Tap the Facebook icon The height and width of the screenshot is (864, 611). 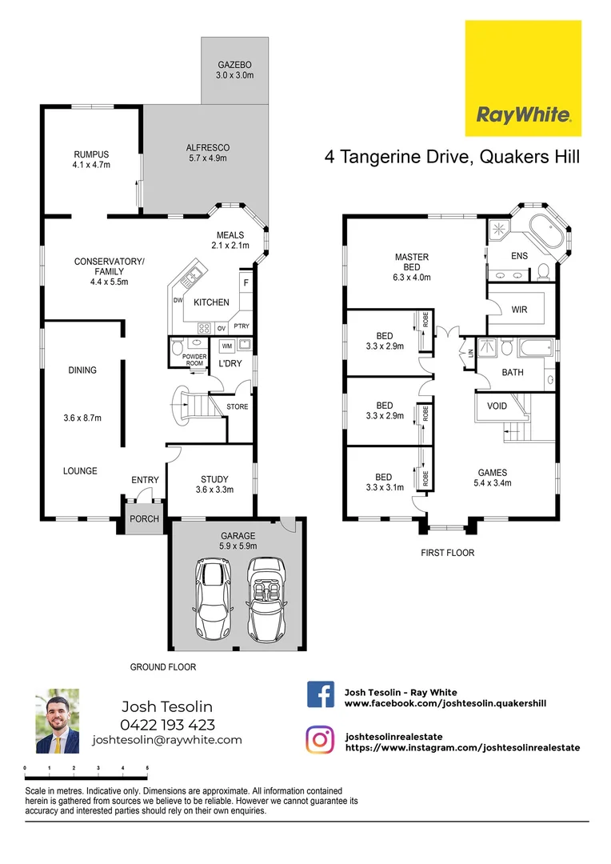(x=321, y=694)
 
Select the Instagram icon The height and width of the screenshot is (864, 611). (x=321, y=740)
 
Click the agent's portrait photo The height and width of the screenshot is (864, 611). (x=58, y=721)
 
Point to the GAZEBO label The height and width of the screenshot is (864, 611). (x=234, y=64)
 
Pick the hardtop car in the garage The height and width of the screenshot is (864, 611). (x=212, y=598)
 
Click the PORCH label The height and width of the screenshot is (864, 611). (x=145, y=518)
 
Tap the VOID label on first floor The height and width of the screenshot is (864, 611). (x=497, y=406)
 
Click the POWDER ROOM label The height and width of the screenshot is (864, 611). (x=195, y=360)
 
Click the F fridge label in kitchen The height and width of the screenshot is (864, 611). (x=246, y=283)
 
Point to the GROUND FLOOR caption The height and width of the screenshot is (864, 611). (x=163, y=666)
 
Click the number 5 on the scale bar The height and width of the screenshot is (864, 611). (x=147, y=768)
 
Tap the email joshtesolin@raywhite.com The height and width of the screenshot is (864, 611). (x=167, y=740)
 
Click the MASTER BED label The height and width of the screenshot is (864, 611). (x=412, y=262)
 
